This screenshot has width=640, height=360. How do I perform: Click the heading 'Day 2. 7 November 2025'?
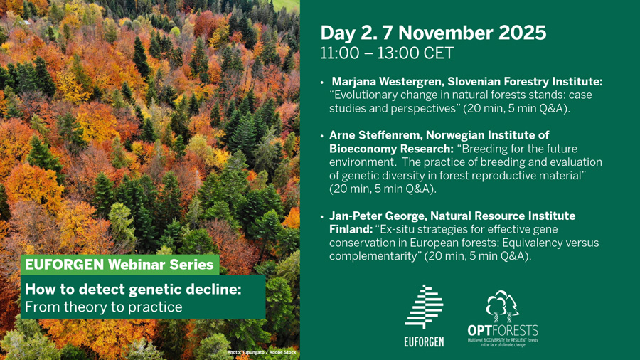pyautogui.click(x=433, y=33)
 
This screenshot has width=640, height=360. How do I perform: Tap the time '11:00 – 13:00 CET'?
pyautogui.click(x=387, y=53)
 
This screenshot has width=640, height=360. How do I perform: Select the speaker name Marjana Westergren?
pyautogui.click(x=388, y=82)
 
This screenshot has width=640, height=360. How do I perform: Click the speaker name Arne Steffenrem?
pyautogui.click(x=374, y=135)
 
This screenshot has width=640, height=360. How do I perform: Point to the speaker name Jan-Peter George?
pyautogui.click(x=377, y=216)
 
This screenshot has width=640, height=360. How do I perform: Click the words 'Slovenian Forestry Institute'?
pyautogui.click(x=525, y=82)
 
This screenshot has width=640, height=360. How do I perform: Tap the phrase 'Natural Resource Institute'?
pyautogui.click(x=503, y=216)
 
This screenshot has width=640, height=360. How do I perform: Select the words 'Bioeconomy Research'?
pyautogui.click(x=391, y=149)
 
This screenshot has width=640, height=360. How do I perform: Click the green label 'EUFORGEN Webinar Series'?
pyautogui.click(x=119, y=265)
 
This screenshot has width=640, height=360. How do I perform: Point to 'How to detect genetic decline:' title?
pyautogui.click(x=133, y=290)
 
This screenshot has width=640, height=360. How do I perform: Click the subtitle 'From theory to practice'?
pyautogui.click(x=104, y=307)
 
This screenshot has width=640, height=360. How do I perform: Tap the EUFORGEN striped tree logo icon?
pyautogui.click(x=424, y=307)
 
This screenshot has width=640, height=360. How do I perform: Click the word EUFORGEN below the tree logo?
pyautogui.click(x=424, y=342)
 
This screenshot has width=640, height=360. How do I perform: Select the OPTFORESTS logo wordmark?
pyautogui.click(x=503, y=330)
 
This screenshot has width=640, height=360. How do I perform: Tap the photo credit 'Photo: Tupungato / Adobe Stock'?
pyautogui.click(x=262, y=352)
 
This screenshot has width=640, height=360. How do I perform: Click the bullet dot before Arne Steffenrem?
pyautogui.click(x=322, y=136)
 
